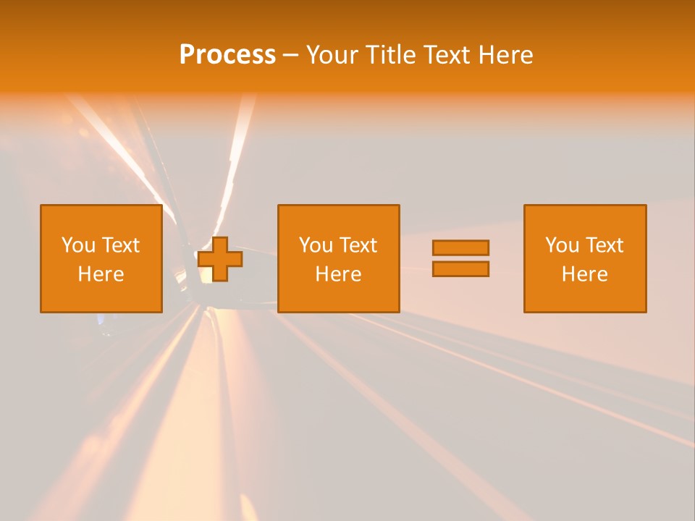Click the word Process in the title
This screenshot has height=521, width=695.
(227, 55)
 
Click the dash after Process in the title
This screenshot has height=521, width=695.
(290, 55)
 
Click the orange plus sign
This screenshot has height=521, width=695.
(220, 259)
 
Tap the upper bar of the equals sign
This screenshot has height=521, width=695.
(460, 247)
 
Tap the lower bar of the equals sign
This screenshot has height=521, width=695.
(460, 269)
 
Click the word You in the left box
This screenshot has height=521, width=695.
(77, 245)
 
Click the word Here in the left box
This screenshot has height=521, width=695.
(101, 274)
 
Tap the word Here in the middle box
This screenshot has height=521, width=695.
(338, 274)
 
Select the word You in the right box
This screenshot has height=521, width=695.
(561, 245)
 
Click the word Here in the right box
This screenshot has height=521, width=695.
(584, 274)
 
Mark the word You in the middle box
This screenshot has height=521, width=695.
(315, 245)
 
